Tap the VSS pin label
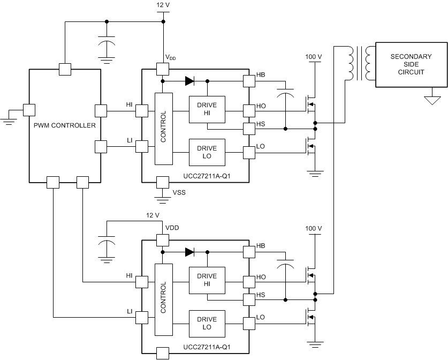pyautogui.click(x=179, y=193)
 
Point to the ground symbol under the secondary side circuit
pyautogui.click(x=432, y=100)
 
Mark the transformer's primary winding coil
pyautogui.click(x=352, y=63)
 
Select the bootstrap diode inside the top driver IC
pyautogui.click(x=189, y=81)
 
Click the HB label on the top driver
pyautogui.click(x=261, y=74)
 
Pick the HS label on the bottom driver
pyautogui.click(x=261, y=295)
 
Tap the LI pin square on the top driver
pyautogui.click(x=142, y=146)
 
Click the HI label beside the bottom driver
pyautogui.click(x=129, y=275)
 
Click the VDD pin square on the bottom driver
pyautogui.click(x=162, y=239)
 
